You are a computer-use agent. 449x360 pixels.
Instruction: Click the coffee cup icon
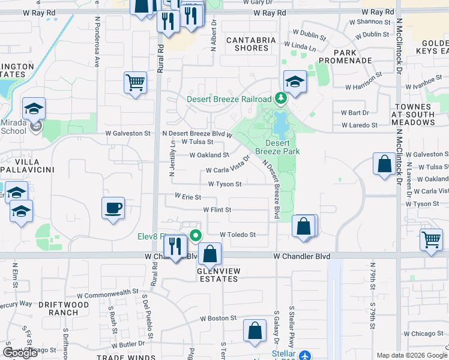coord(113,209)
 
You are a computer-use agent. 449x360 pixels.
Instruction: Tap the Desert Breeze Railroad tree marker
coord(279,98)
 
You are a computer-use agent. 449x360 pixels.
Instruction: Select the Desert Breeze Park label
coord(277,148)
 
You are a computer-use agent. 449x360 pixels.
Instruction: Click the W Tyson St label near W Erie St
coord(224,184)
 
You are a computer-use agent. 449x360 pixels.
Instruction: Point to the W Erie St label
coord(187,196)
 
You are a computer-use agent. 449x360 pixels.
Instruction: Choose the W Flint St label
coord(217,209)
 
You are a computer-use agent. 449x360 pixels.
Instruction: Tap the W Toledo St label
coord(238,235)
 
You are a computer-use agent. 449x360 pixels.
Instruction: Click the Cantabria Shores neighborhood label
coord(247,44)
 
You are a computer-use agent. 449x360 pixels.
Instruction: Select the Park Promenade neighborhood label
coord(345,56)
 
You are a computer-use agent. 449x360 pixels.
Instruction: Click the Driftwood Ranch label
coord(64,308)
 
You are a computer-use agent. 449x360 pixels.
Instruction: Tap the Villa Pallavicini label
coord(28,166)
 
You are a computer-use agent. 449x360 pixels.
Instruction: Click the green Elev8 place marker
coord(194,235)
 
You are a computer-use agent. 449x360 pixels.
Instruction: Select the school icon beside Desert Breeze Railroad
coord(295,82)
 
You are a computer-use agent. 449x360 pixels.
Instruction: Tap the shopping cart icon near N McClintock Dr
coord(431,241)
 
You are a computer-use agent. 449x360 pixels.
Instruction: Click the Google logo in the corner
coord(20,353)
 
